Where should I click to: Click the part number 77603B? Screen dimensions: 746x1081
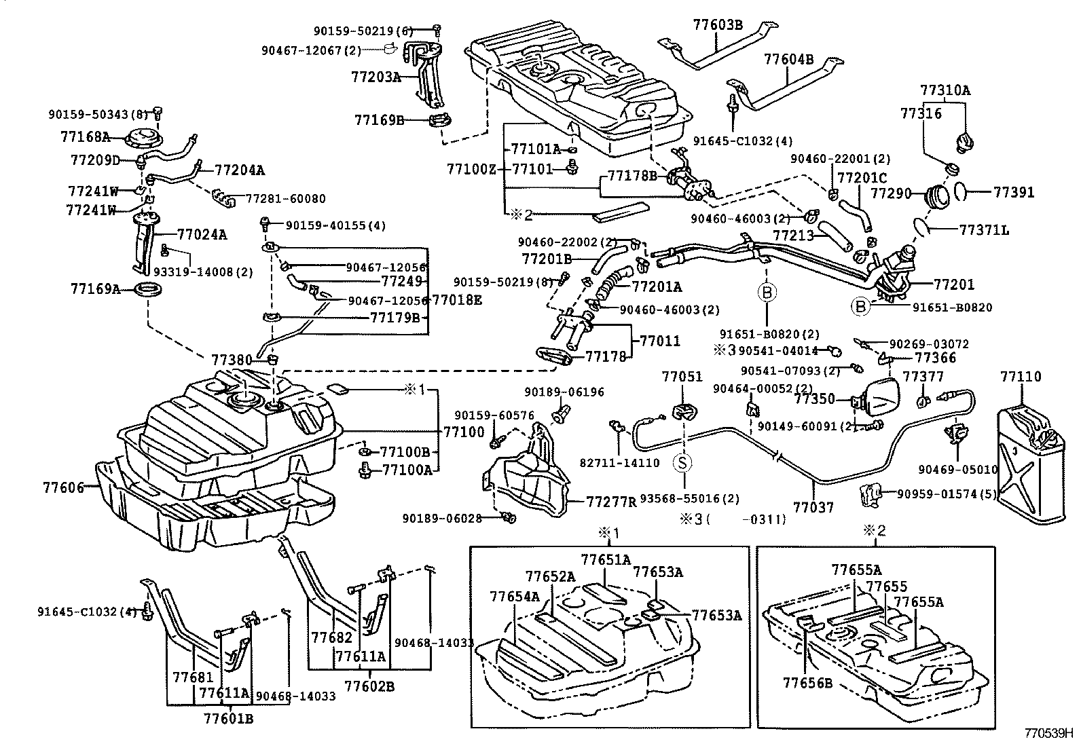click(718, 25)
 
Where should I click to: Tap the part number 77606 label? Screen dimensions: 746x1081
click(63, 487)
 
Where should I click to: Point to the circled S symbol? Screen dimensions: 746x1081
click(682, 463)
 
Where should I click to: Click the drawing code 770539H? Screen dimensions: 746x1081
click(1048, 734)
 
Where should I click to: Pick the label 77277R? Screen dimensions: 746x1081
click(612, 502)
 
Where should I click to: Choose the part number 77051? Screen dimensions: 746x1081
click(682, 377)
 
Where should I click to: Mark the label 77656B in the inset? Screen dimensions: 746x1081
click(807, 683)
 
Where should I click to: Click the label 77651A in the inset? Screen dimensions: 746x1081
click(606, 559)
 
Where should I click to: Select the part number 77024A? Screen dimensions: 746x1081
click(202, 235)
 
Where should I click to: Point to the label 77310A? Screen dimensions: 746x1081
click(945, 90)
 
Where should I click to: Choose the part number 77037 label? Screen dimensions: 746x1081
click(813, 506)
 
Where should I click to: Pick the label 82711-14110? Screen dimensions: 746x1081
click(619, 463)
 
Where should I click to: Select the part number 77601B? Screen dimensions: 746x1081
click(228, 717)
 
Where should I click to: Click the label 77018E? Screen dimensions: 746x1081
click(457, 299)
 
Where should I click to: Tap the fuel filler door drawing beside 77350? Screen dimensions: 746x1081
click(880, 398)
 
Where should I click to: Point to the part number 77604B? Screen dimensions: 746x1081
click(788, 59)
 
